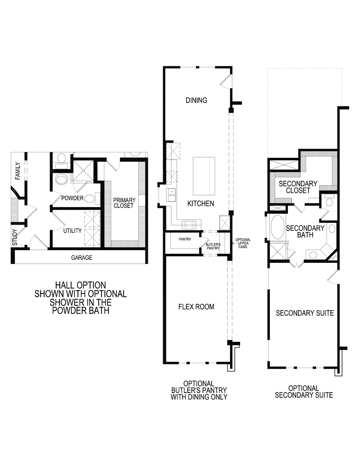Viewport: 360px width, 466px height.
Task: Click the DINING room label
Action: (x=196, y=100)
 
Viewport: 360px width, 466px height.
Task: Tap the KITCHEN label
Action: (x=201, y=203)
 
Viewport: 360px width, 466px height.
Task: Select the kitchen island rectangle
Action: (x=204, y=176)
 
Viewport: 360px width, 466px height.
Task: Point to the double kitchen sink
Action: (x=171, y=195)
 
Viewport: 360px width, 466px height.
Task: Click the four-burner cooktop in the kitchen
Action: (x=189, y=225)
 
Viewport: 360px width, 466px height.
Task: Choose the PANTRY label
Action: (x=185, y=239)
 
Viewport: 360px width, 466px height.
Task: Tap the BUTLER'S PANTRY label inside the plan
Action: (x=213, y=246)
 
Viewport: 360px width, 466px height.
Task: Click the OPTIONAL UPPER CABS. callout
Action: (x=243, y=243)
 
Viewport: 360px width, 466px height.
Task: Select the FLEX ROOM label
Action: (x=196, y=307)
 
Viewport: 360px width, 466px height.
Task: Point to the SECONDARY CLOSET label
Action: (x=298, y=187)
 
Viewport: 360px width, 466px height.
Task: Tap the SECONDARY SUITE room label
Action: (x=305, y=313)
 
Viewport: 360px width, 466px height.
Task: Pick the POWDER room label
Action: (x=72, y=198)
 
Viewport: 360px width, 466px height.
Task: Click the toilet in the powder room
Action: (x=96, y=198)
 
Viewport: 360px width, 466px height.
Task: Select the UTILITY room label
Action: (x=72, y=230)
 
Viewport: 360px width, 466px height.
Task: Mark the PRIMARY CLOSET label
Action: (x=124, y=203)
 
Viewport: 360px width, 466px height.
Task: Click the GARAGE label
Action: (x=81, y=257)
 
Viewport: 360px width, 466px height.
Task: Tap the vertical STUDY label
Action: (x=15, y=237)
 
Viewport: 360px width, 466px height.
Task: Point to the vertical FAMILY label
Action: (x=18, y=171)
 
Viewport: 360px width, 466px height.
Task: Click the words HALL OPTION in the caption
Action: (x=81, y=286)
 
